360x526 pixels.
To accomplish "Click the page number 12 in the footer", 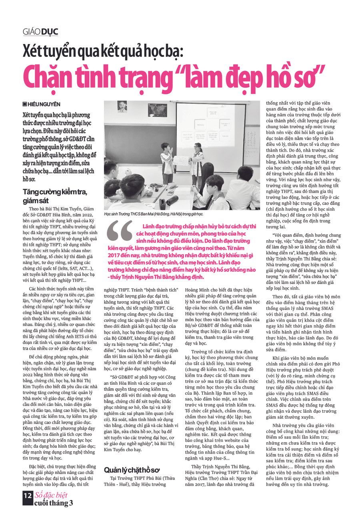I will [x=27, y=495].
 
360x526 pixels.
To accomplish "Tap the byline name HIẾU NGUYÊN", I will [x=44, y=104].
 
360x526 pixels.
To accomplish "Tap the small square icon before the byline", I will [x=25, y=104].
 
